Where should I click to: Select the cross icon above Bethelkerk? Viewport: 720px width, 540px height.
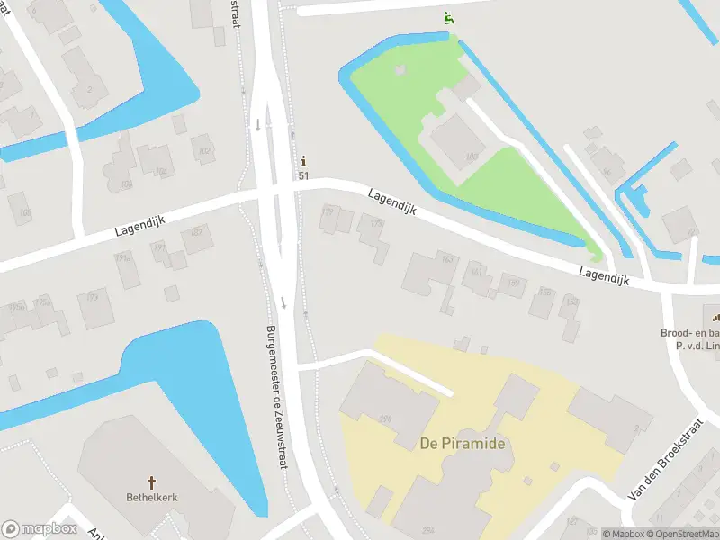tap(152, 481)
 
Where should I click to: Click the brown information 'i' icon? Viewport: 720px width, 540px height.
tap(304, 162)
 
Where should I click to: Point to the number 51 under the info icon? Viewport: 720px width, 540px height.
tap(304, 175)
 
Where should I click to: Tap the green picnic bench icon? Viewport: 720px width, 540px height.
tap(448, 17)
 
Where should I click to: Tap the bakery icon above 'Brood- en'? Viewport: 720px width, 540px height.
tap(717, 316)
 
